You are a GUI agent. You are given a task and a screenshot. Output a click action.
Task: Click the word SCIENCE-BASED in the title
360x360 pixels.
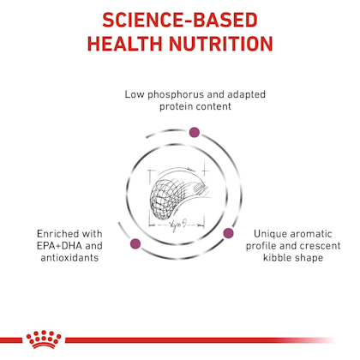tap(180, 20)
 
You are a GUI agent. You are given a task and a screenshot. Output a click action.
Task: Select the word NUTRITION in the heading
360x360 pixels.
tap(221, 44)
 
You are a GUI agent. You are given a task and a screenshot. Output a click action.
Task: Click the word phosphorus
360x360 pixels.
tap(176, 95)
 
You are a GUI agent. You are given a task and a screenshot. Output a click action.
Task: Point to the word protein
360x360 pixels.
tap(177, 107)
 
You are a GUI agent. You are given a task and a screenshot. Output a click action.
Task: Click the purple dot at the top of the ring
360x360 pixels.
tap(195, 132)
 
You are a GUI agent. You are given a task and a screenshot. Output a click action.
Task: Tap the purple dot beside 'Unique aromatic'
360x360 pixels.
tap(228, 233)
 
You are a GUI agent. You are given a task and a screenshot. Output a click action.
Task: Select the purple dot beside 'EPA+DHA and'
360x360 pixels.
tap(135, 243)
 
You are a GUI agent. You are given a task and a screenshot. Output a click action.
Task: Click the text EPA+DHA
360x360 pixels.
tap(59, 246)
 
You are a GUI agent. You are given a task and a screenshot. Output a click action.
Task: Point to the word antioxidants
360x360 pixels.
tap(69, 258)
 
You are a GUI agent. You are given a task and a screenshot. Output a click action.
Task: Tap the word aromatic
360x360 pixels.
tap(310, 234)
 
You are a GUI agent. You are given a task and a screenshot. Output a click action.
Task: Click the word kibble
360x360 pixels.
tap(276, 258)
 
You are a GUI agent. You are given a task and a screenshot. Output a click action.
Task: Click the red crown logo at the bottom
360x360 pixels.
tap(44, 339)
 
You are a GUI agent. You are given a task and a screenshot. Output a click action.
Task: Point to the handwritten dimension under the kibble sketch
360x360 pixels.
tap(177, 226)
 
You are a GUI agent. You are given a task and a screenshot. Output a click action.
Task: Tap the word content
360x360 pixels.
tap(214, 107)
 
